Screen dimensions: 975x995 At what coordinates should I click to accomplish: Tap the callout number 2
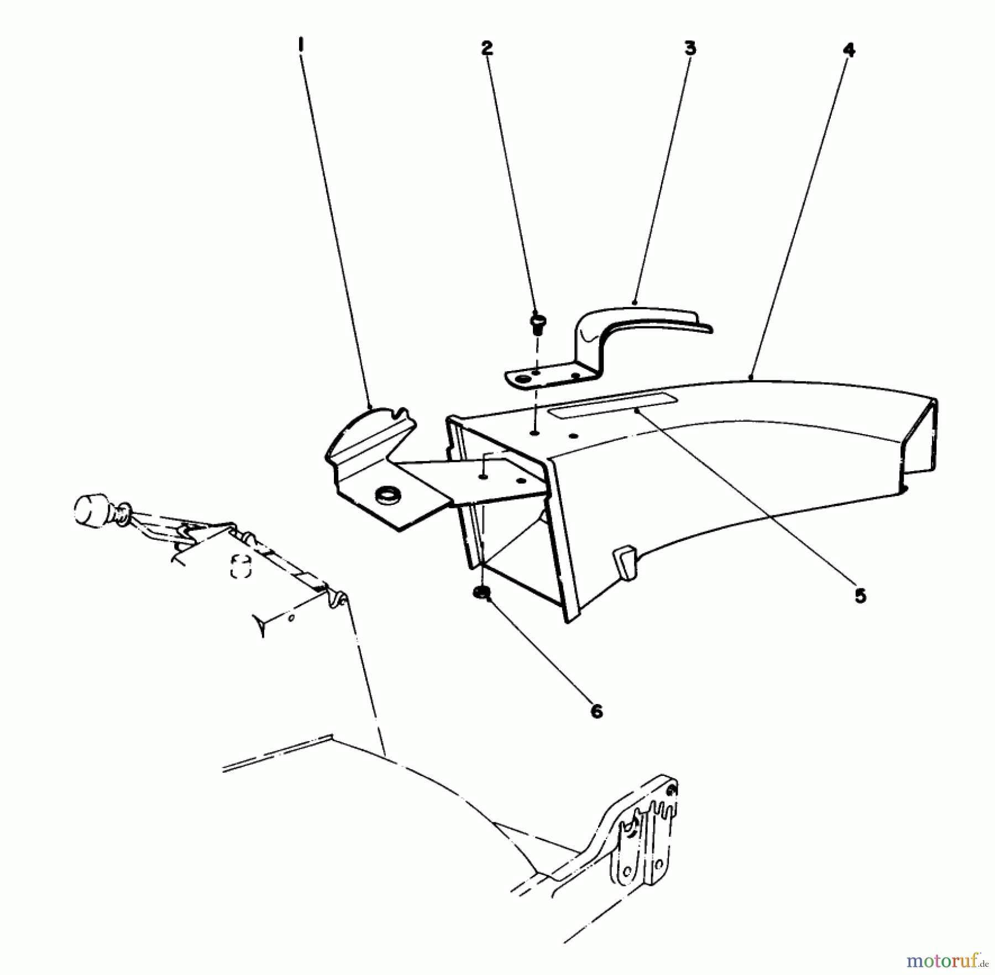pyautogui.click(x=486, y=49)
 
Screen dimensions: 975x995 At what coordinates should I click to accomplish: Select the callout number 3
pyautogui.click(x=689, y=49)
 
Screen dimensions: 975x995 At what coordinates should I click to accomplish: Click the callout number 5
pyautogui.click(x=860, y=596)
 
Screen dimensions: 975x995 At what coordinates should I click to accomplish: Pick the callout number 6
pyautogui.click(x=596, y=711)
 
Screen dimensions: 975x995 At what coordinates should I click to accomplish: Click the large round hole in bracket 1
pyautogui.click(x=386, y=495)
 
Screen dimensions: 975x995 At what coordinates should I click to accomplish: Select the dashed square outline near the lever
pyautogui.click(x=241, y=567)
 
